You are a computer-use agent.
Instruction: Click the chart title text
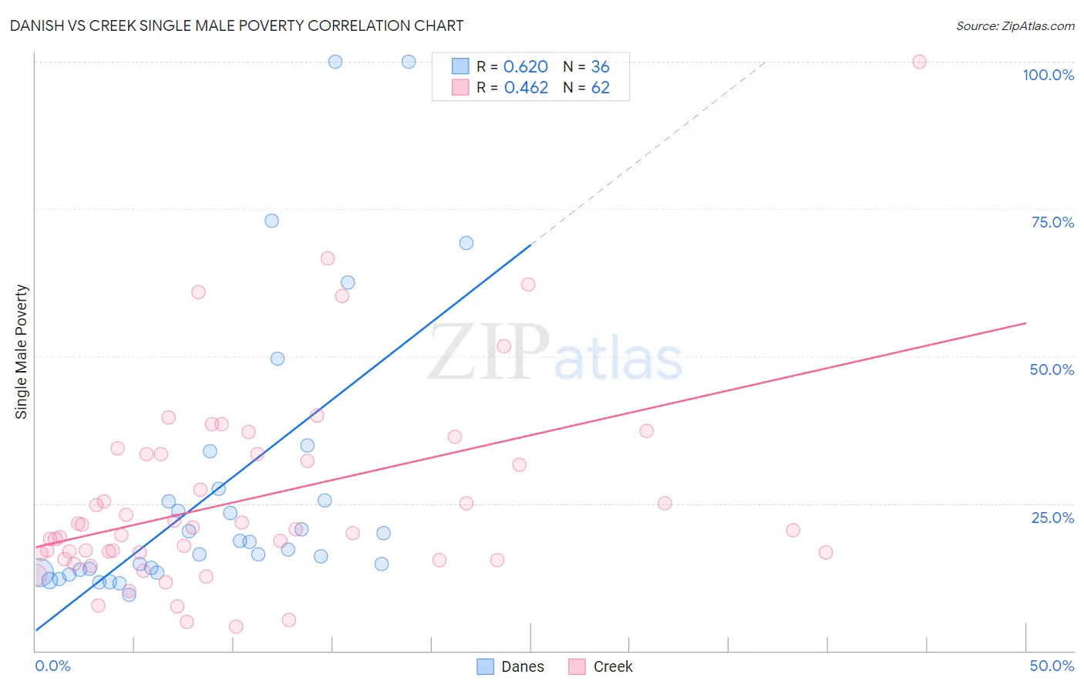pos(237,25)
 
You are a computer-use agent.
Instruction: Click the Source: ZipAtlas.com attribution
pos(1015,25)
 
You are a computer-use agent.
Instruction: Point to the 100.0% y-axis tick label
pos(1048,75)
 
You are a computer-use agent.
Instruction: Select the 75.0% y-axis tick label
pos(1052,222)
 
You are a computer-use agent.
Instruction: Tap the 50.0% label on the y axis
pos(1052,369)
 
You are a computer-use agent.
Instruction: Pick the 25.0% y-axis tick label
pos(1052,517)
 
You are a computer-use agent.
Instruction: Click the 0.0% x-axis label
pos(52,666)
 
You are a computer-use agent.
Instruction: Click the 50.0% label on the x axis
pos(1052,666)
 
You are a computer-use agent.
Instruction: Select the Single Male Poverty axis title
pos(21,352)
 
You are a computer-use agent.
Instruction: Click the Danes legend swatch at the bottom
pos(485,666)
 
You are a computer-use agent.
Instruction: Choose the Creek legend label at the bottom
pos(612,666)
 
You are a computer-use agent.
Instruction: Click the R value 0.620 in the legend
pos(525,67)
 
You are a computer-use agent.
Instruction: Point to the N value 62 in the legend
pos(600,88)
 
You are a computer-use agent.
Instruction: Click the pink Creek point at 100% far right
pos(919,62)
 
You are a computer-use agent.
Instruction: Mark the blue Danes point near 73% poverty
pos(271,221)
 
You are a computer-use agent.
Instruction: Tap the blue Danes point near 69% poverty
pos(466,243)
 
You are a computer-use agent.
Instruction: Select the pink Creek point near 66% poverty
pos(328,258)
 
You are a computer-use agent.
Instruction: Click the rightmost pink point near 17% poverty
pos(826,552)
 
